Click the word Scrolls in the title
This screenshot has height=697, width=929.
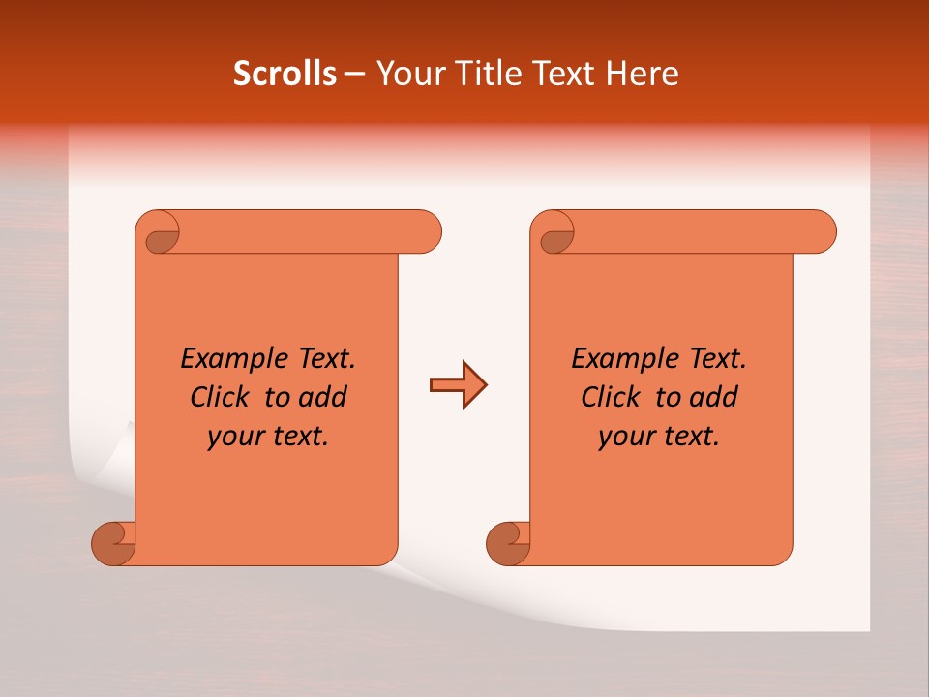click(285, 74)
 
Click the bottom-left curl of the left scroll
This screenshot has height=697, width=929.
click(113, 543)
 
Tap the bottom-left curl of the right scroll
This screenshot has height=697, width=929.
click(508, 543)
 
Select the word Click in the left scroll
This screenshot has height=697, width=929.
click(221, 398)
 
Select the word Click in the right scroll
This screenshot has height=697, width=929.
click(612, 398)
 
